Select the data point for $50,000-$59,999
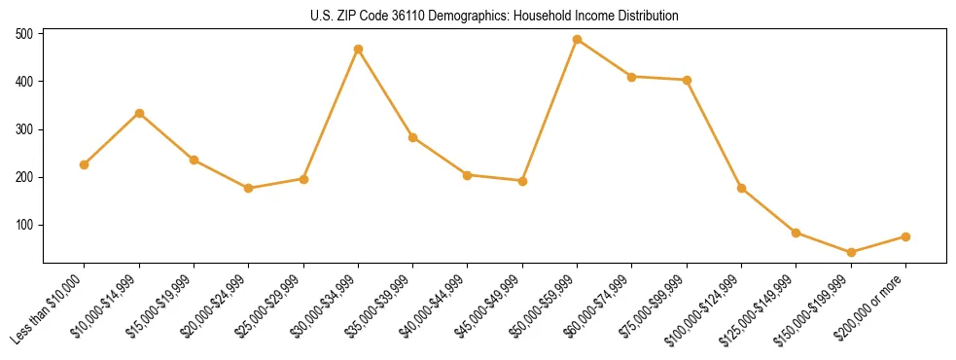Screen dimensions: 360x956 coord(578,40)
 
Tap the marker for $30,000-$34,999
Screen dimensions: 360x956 coord(358,49)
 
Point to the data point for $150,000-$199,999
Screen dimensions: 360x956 coord(851,252)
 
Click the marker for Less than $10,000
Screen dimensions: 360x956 coord(85,164)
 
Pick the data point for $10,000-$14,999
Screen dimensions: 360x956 coord(139,113)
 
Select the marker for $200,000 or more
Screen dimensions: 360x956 coord(905,236)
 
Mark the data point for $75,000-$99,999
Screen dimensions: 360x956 coord(687,80)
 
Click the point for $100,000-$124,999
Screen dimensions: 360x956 coord(741,188)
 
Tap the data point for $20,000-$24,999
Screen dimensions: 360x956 coord(249,188)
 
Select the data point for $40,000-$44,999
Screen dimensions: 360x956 coord(468,175)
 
